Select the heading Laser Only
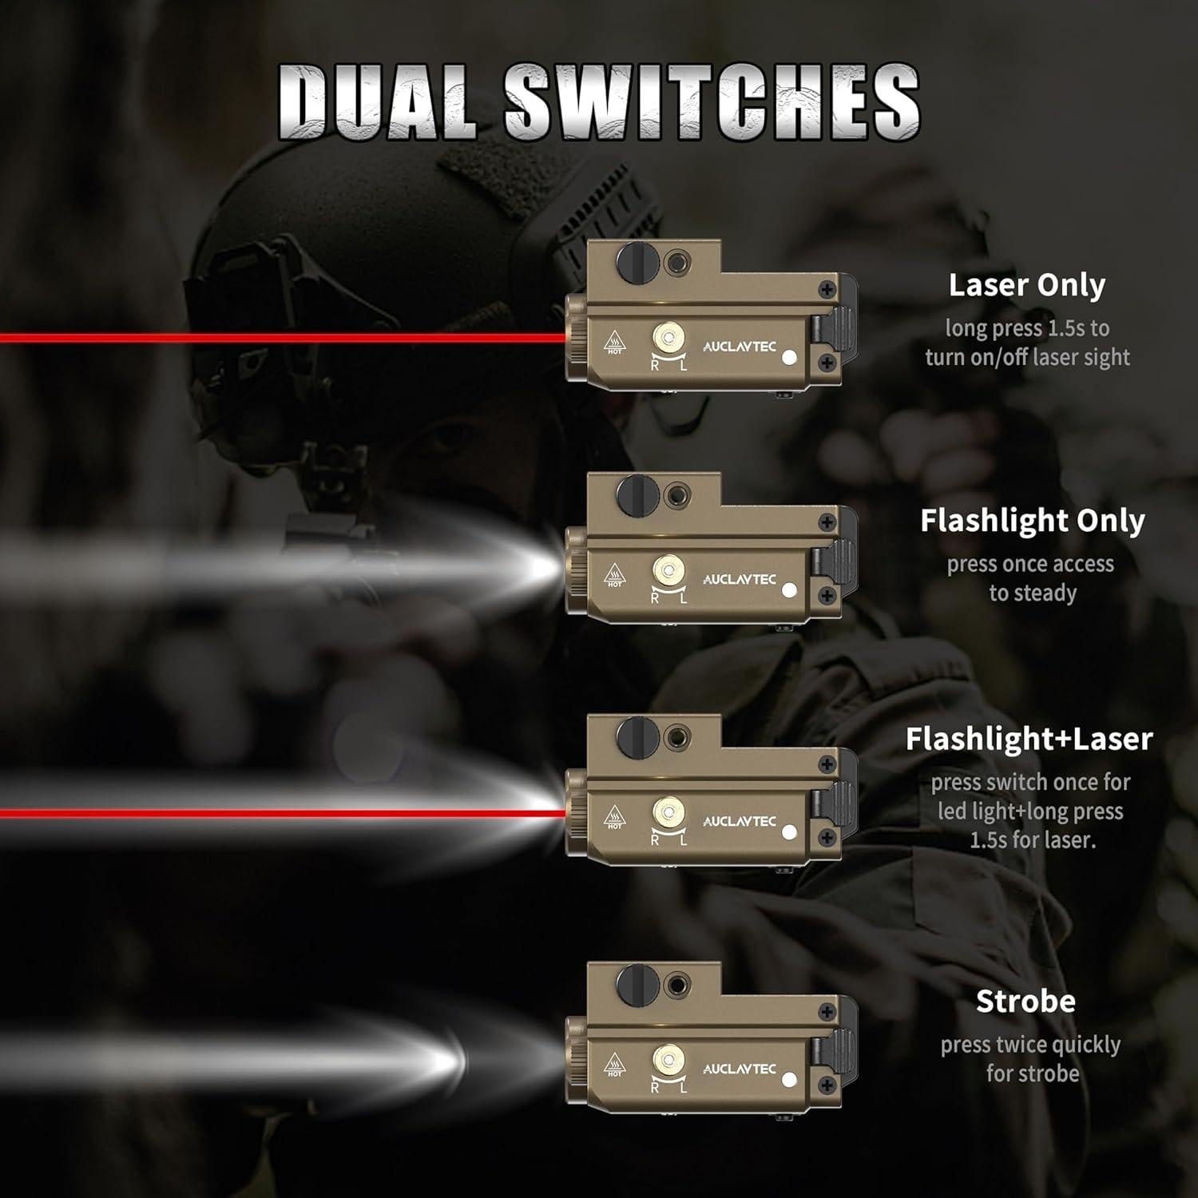(x=1027, y=285)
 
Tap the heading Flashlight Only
(x=1033, y=521)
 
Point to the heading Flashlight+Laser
(x=1029, y=739)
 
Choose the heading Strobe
(x=1025, y=1001)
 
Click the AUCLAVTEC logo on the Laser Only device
(x=739, y=347)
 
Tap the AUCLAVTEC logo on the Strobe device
(x=739, y=1069)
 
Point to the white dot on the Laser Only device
(x=790, y=358)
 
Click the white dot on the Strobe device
(x=790, y=1080)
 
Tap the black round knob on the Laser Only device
(x=637, y=261)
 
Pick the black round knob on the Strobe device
(x=637, y=982)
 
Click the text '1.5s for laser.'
(x=1031, y=840)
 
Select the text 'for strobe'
(x=1033, y=1073)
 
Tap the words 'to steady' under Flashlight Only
(x=1033, y=593)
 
